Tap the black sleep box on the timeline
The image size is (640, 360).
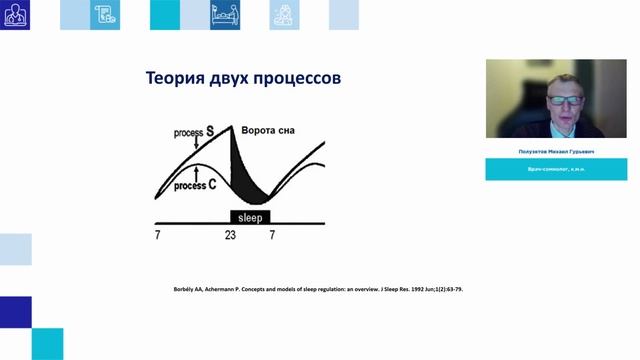[x=250, y=216]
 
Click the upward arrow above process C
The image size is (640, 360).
[x=197, y=175]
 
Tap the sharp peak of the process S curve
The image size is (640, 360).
[x=232, y=124]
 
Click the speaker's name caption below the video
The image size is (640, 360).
[x=556, y=152]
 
